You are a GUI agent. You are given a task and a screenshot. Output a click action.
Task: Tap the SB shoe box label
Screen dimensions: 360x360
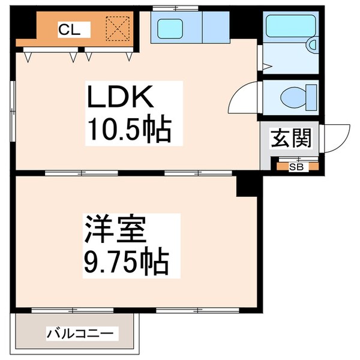click(x=296, y=167)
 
